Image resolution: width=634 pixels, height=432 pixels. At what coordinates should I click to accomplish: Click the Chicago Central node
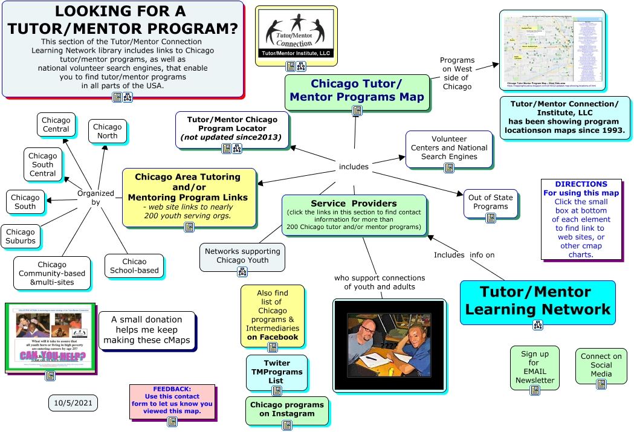[56, 125]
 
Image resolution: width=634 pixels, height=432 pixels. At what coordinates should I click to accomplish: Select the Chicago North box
[108, 131]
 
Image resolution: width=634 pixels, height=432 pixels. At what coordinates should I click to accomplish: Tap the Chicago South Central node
[43, 164]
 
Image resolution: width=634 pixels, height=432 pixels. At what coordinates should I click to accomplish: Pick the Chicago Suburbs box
[21, 236]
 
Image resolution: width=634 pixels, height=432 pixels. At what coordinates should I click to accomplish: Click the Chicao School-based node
[134, 266]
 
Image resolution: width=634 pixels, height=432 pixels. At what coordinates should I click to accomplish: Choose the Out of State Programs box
[490, 202]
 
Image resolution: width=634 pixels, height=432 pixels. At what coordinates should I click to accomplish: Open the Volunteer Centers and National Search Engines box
[449, 147]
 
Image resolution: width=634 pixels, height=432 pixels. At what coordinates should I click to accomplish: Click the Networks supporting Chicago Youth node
[242, 256]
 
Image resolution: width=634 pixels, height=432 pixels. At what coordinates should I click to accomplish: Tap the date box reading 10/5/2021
[73, 402]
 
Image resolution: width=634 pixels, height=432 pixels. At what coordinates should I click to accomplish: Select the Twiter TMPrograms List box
[276, 372]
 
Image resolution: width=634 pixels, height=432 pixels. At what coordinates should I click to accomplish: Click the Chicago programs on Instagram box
[287, 409]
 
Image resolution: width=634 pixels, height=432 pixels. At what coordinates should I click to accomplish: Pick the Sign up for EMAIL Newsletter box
[535, 367]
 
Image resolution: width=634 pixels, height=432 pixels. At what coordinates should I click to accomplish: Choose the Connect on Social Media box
[601, 365]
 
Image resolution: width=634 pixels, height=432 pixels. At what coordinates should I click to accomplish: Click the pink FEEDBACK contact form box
[172, 400]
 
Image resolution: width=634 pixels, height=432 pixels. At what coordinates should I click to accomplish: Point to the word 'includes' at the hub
[354, 166]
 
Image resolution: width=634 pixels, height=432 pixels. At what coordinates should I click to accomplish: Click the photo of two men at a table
[389, 344]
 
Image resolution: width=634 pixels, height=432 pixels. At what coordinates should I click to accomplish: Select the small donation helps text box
[146, 329]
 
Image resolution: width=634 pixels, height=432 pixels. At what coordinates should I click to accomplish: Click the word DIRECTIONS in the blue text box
[581, 184]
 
